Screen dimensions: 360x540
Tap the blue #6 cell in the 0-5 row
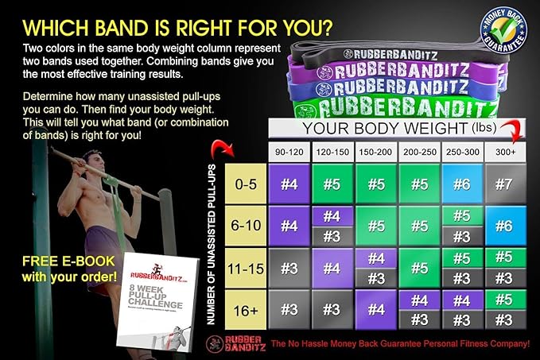coord(462,184)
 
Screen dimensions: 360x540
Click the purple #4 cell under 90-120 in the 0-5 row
coord(289,184)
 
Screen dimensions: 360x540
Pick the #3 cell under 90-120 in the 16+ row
coord(289,311)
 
